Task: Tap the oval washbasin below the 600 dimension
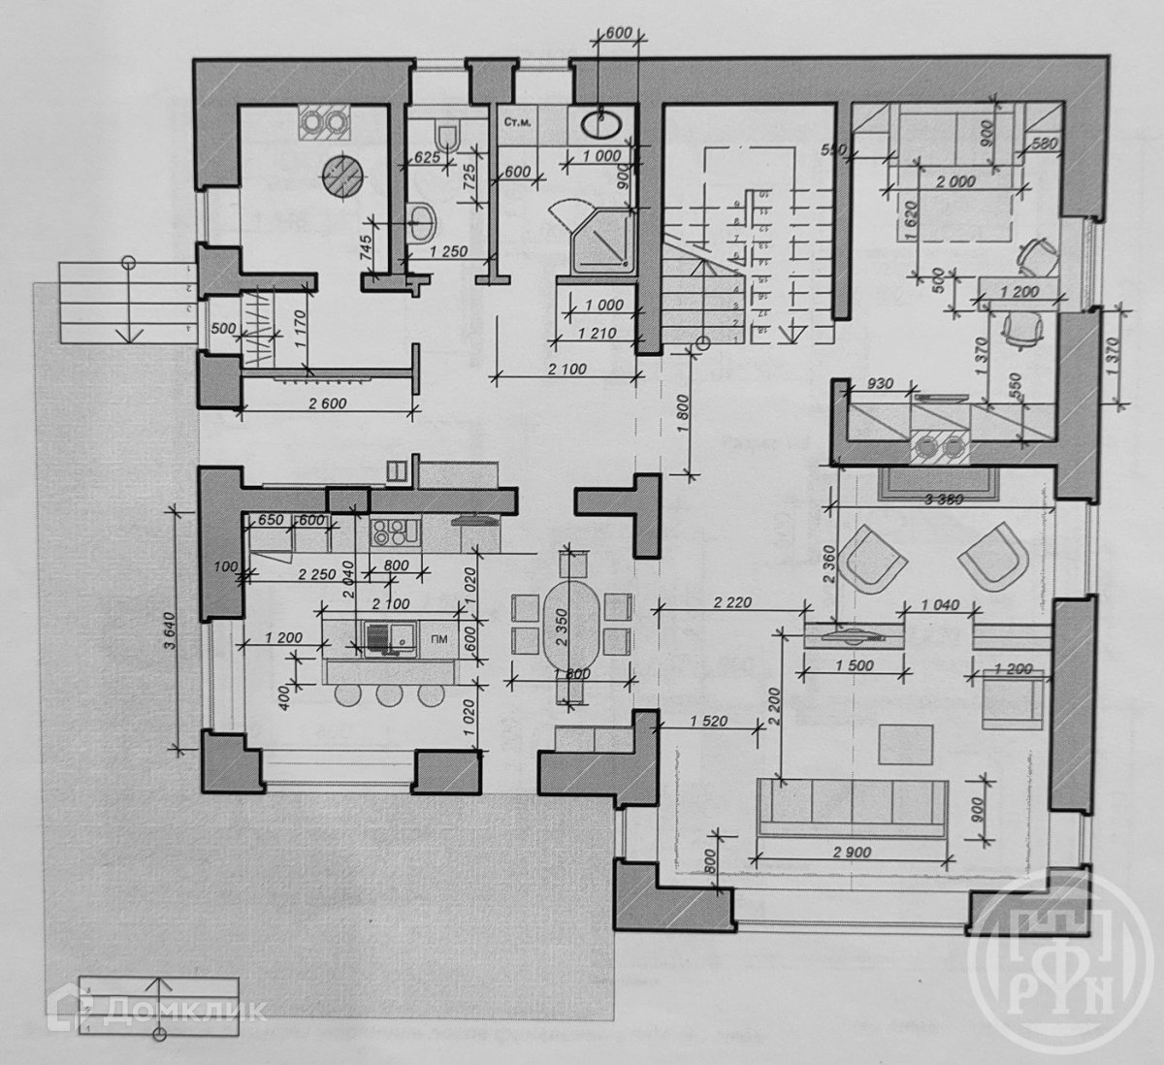click(x=603, y=123)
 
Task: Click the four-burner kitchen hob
click(x=394, y=532)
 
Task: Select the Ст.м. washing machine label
click(x=514, y=123)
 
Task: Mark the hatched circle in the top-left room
click(x=344, y=174)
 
